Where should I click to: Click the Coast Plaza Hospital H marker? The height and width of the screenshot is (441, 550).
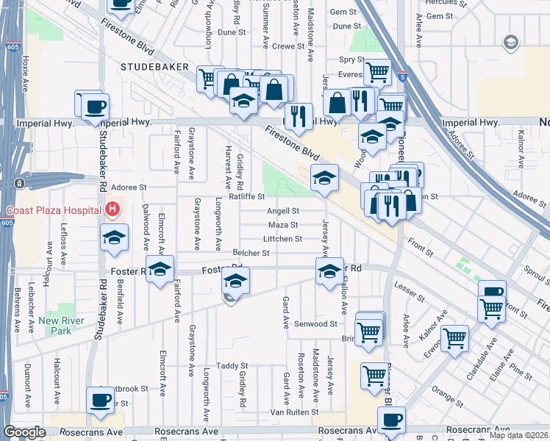112,210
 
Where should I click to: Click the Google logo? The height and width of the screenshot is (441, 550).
24,432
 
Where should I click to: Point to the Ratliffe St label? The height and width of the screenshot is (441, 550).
246,196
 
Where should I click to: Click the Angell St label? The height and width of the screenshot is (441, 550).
282,211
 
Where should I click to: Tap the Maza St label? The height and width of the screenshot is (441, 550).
282,225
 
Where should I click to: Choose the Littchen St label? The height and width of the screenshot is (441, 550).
282,239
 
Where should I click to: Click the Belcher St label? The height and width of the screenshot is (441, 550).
251,253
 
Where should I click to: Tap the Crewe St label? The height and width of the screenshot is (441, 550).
287,46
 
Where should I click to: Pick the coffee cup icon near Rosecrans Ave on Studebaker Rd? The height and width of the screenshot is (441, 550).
100,401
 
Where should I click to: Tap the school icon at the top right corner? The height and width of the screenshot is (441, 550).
510,43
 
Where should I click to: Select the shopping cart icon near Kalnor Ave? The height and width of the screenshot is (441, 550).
455,338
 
